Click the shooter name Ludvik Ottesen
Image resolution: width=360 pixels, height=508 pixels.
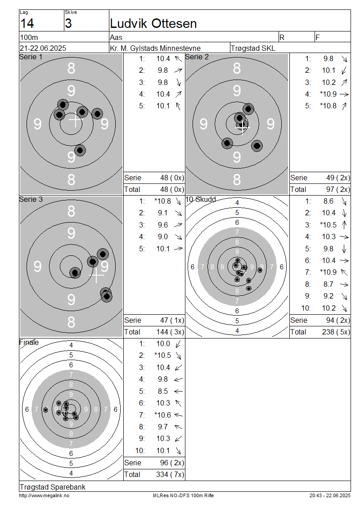pyautogui.click(x=153, y=24)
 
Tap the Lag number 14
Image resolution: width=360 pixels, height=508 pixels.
pyautogui.click(x=27, y=24)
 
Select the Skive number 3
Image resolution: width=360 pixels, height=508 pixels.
pyautogui.click(x=68, y=24)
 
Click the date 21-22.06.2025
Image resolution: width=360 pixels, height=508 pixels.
pyautogui.click(x=43, y=48)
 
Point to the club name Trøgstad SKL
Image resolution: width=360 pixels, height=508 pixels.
pyautogui.click(x=253, y=48)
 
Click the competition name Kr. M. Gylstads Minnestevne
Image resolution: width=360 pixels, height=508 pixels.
pyautogui.click(x=155, y=48)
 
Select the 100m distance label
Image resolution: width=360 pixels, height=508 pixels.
pyautogui.click(x=29, y=37)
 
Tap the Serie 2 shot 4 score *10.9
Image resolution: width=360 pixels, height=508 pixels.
pyautogui.click(x=328, y=94)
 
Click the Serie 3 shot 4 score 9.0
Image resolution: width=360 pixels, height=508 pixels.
pyautogui.click(x=163, y=237)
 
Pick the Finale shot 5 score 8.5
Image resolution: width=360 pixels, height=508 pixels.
pyautogui.click(x=163, y=392)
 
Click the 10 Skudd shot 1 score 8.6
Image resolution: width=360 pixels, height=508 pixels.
pyautogui.click(x=328, y=201)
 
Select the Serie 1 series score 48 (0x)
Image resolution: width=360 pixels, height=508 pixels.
pyautogui.click(x=172, y=178)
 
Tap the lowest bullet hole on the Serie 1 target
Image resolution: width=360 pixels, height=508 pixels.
pyautogui.click(x=80, y=150)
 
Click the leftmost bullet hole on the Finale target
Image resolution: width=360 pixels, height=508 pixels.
pyautogui.click(x=46, y=410)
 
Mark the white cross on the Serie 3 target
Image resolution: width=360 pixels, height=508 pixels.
pyautogui.click(x=97, y=276)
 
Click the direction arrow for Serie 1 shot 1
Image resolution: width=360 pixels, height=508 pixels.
pyautogui.click(x=178, y=58)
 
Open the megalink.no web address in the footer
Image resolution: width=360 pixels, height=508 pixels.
pyautogui.click(x=44, y=496)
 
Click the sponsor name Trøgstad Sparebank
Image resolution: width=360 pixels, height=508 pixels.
pyautogui.click(x=53, y=487)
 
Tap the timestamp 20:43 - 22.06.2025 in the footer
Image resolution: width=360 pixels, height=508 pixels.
pyautogui.click(x=330, y=496)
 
